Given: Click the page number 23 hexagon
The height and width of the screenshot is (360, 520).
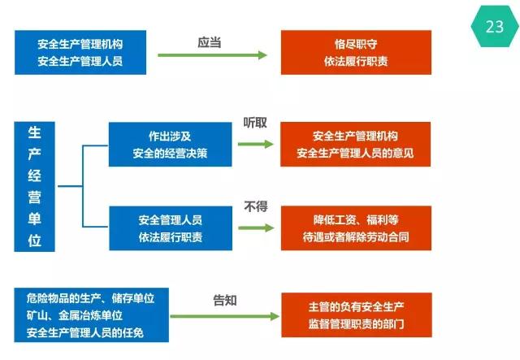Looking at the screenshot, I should [494, 26].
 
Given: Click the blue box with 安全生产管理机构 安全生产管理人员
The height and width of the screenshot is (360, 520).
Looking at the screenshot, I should [80, 52].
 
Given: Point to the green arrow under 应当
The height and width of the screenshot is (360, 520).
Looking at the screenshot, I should [211, 55].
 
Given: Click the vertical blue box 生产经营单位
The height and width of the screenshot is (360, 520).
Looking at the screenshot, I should [35, 186].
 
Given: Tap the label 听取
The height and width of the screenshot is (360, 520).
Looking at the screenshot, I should [255, 123].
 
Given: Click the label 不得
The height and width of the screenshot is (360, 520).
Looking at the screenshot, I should [256, 206].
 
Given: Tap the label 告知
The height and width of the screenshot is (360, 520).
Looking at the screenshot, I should [225, 300].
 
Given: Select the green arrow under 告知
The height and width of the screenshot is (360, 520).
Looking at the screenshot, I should [224, 315].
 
